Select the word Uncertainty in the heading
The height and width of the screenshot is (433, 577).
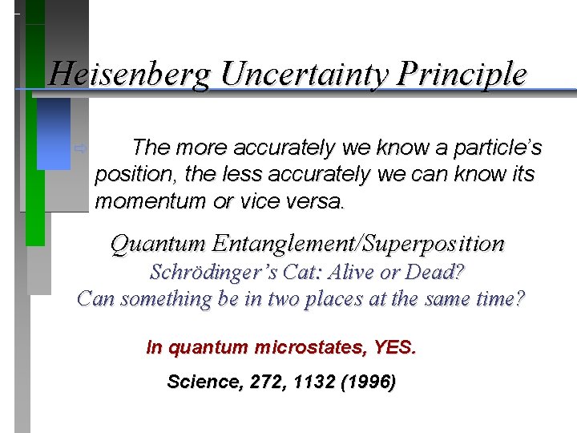(305, 75)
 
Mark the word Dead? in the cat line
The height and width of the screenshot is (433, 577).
(436, 273)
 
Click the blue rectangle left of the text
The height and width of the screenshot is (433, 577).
(54, 134)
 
